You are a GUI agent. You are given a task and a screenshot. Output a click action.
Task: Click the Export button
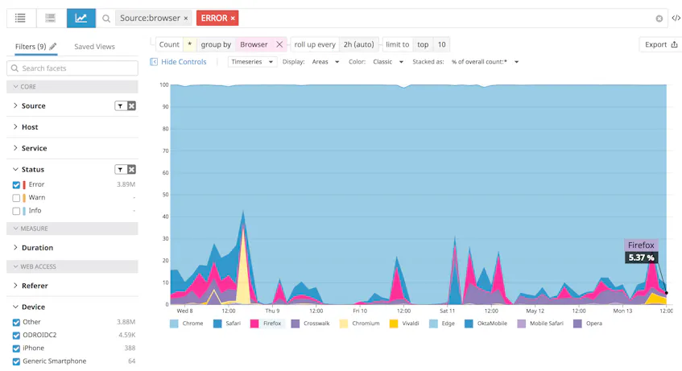[x=661, y=45]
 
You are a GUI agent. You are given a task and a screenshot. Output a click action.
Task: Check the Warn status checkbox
[x=16, y=198]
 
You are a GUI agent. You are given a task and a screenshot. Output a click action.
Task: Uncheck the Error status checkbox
[x=16, y=185]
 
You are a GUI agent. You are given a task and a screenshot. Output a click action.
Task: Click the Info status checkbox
[x=16, y=211]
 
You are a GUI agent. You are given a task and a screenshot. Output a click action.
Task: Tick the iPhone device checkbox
[x=16, y=348]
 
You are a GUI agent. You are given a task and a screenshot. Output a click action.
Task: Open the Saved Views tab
[x=94, y=47]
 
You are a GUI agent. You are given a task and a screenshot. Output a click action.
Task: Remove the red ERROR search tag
[x=233, y=19]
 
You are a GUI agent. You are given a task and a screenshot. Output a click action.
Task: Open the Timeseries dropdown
[x=252, y=62]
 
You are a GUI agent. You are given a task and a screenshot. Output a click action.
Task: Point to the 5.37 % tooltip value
[x=641, y=258]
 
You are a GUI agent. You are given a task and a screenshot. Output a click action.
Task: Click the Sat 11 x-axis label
[x=447, y=311]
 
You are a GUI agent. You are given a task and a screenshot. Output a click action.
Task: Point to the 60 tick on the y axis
[x=163, y=172]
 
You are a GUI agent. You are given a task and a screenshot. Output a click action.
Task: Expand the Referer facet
[x=35, y=286]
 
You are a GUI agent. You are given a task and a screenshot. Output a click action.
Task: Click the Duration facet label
[x=37, y=248]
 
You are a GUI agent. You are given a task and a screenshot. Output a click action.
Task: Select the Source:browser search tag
[x=149, y=19]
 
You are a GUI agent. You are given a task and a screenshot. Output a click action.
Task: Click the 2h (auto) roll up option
[x=358, y=45]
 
